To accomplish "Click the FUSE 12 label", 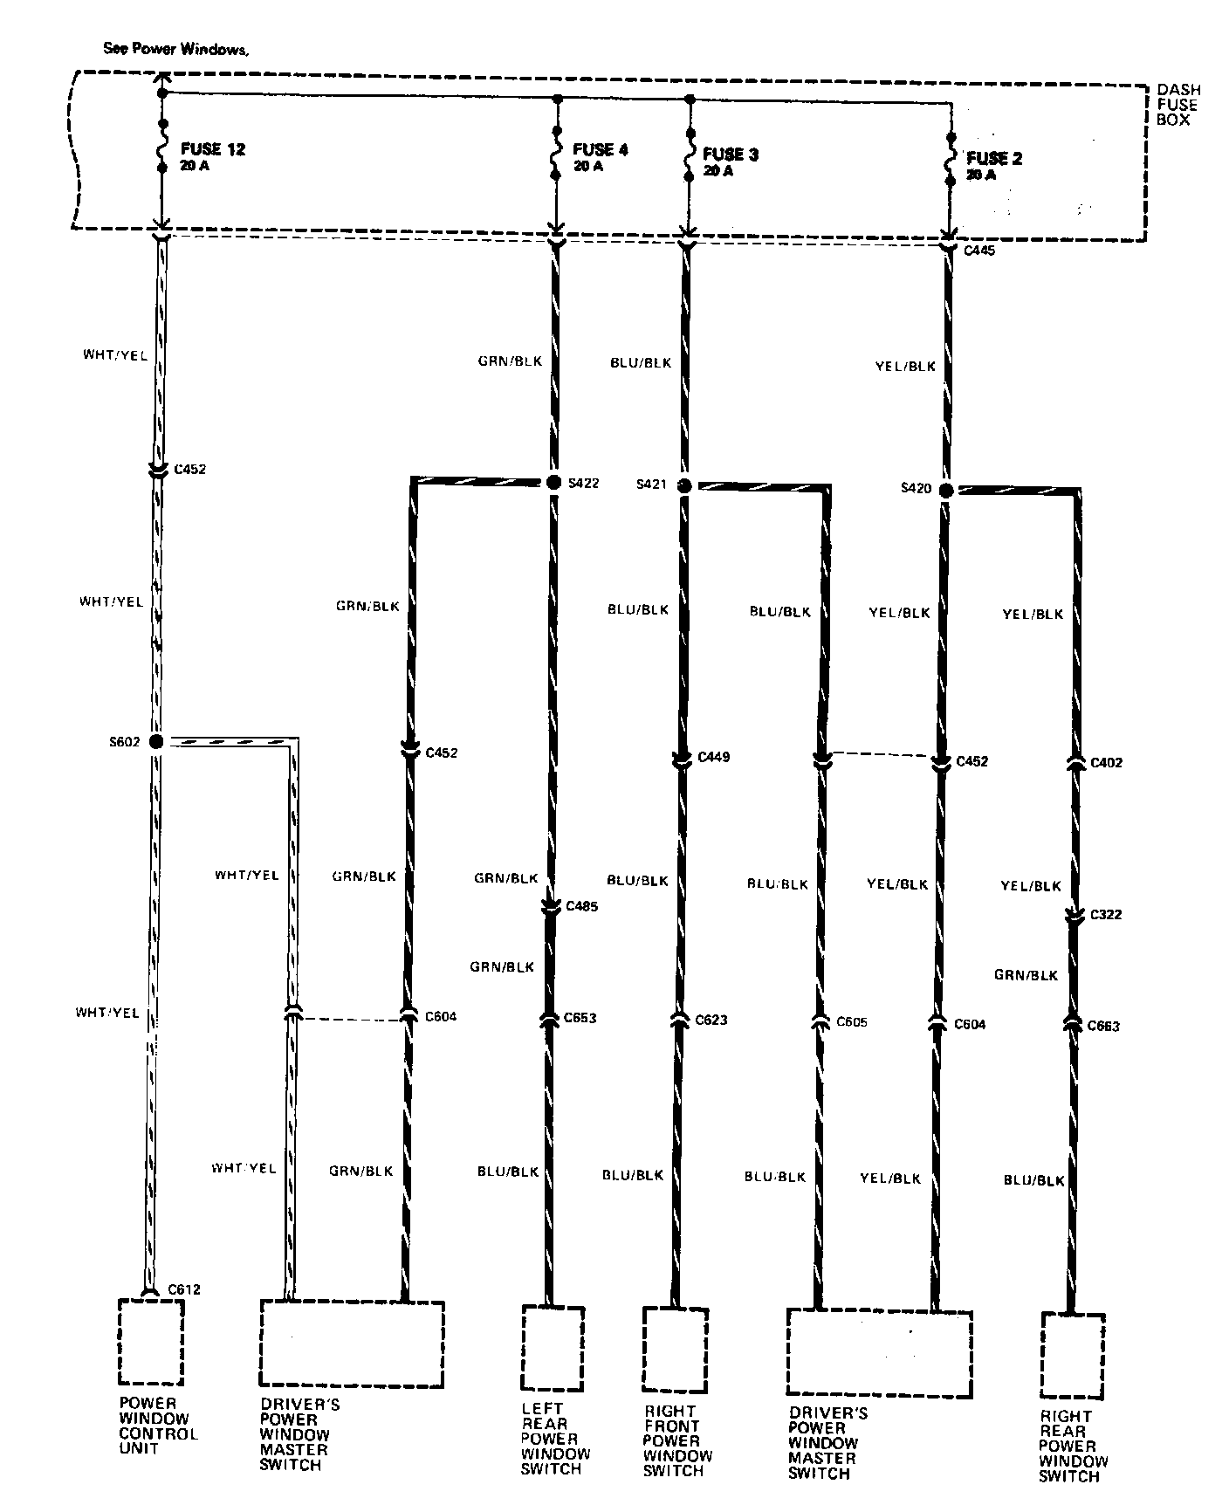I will coord(212,149).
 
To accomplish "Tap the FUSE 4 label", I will coord(600,149).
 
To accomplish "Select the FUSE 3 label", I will coord(731,155).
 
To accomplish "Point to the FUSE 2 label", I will coord(994,159).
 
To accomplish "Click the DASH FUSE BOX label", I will coord(1178,105).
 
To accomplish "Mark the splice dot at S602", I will coord(156,742).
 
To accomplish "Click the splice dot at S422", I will coord(553,483).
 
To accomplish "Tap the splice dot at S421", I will coord(684,485).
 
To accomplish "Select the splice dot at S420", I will coord(946,491).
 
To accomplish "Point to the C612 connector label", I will coord(184,1289).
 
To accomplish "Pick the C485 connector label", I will coord(581,906).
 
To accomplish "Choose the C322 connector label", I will coord(1106,915).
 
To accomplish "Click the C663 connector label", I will coord(1103,1026).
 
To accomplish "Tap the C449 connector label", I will coord(713,757).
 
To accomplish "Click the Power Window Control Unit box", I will coord(151,1342).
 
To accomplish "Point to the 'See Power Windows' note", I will coord(176,49).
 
